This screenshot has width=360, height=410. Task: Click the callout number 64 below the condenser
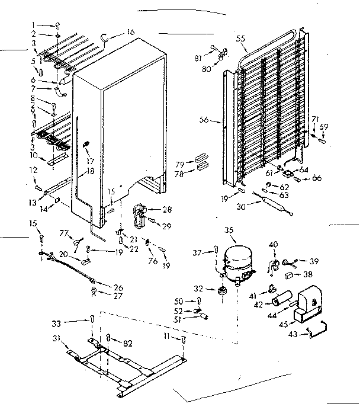click(x=304, y=170)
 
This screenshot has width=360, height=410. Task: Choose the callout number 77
click(x=65, y=233)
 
